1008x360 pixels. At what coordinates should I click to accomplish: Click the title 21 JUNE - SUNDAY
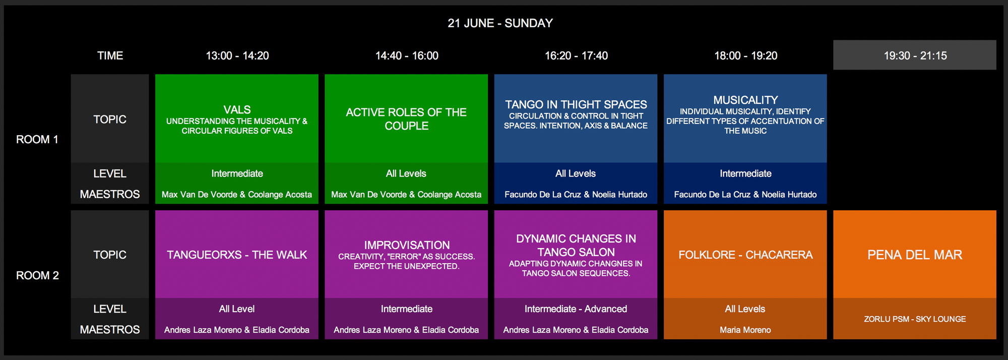pos(500,23)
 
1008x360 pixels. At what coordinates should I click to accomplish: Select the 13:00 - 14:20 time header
pos(237,55)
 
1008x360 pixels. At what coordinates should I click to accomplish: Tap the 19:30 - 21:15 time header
pos(915,55)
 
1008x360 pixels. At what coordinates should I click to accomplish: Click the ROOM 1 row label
pos(37,140)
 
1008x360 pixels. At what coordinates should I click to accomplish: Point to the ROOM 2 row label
pos(37,275)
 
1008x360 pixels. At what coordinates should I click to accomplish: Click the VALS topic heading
pos(237,109)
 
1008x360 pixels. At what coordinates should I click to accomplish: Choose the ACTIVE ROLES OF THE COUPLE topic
pos(406,119)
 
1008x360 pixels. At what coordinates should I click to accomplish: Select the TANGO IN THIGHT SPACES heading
pos(576,104)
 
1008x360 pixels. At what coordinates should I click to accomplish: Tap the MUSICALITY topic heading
pos(745,100)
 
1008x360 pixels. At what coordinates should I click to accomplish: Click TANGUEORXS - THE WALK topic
pos(237,255)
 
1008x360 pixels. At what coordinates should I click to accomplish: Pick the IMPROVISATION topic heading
pos(407,245)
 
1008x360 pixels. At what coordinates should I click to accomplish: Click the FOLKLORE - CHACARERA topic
pos(745,255)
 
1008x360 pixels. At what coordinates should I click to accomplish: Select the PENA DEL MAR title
pos(915,255)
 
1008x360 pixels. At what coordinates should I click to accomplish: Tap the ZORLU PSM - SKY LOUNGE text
pos(915,319)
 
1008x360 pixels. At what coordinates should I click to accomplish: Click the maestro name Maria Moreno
pos(745,330)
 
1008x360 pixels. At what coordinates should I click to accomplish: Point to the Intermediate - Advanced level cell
pos(576,309)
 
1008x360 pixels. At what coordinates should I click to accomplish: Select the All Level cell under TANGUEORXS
pos(237,309)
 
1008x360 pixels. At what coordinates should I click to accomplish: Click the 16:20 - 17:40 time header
pos(576,55)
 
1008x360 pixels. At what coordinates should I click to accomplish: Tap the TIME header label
pos(110,55)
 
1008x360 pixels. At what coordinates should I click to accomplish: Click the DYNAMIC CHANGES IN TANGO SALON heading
pos(576,245)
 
